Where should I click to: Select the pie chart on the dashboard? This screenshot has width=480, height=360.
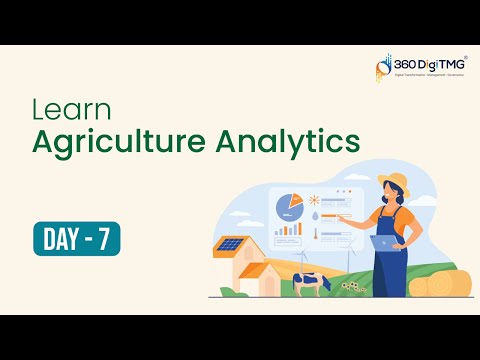coord(289,205)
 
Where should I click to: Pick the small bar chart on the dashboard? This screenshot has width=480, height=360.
coord(288,229)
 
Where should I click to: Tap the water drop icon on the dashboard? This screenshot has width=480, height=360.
coord(316,214)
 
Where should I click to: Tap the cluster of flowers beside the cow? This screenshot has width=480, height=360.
coord(351,286)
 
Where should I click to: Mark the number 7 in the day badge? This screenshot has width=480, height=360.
coord(103,239)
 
